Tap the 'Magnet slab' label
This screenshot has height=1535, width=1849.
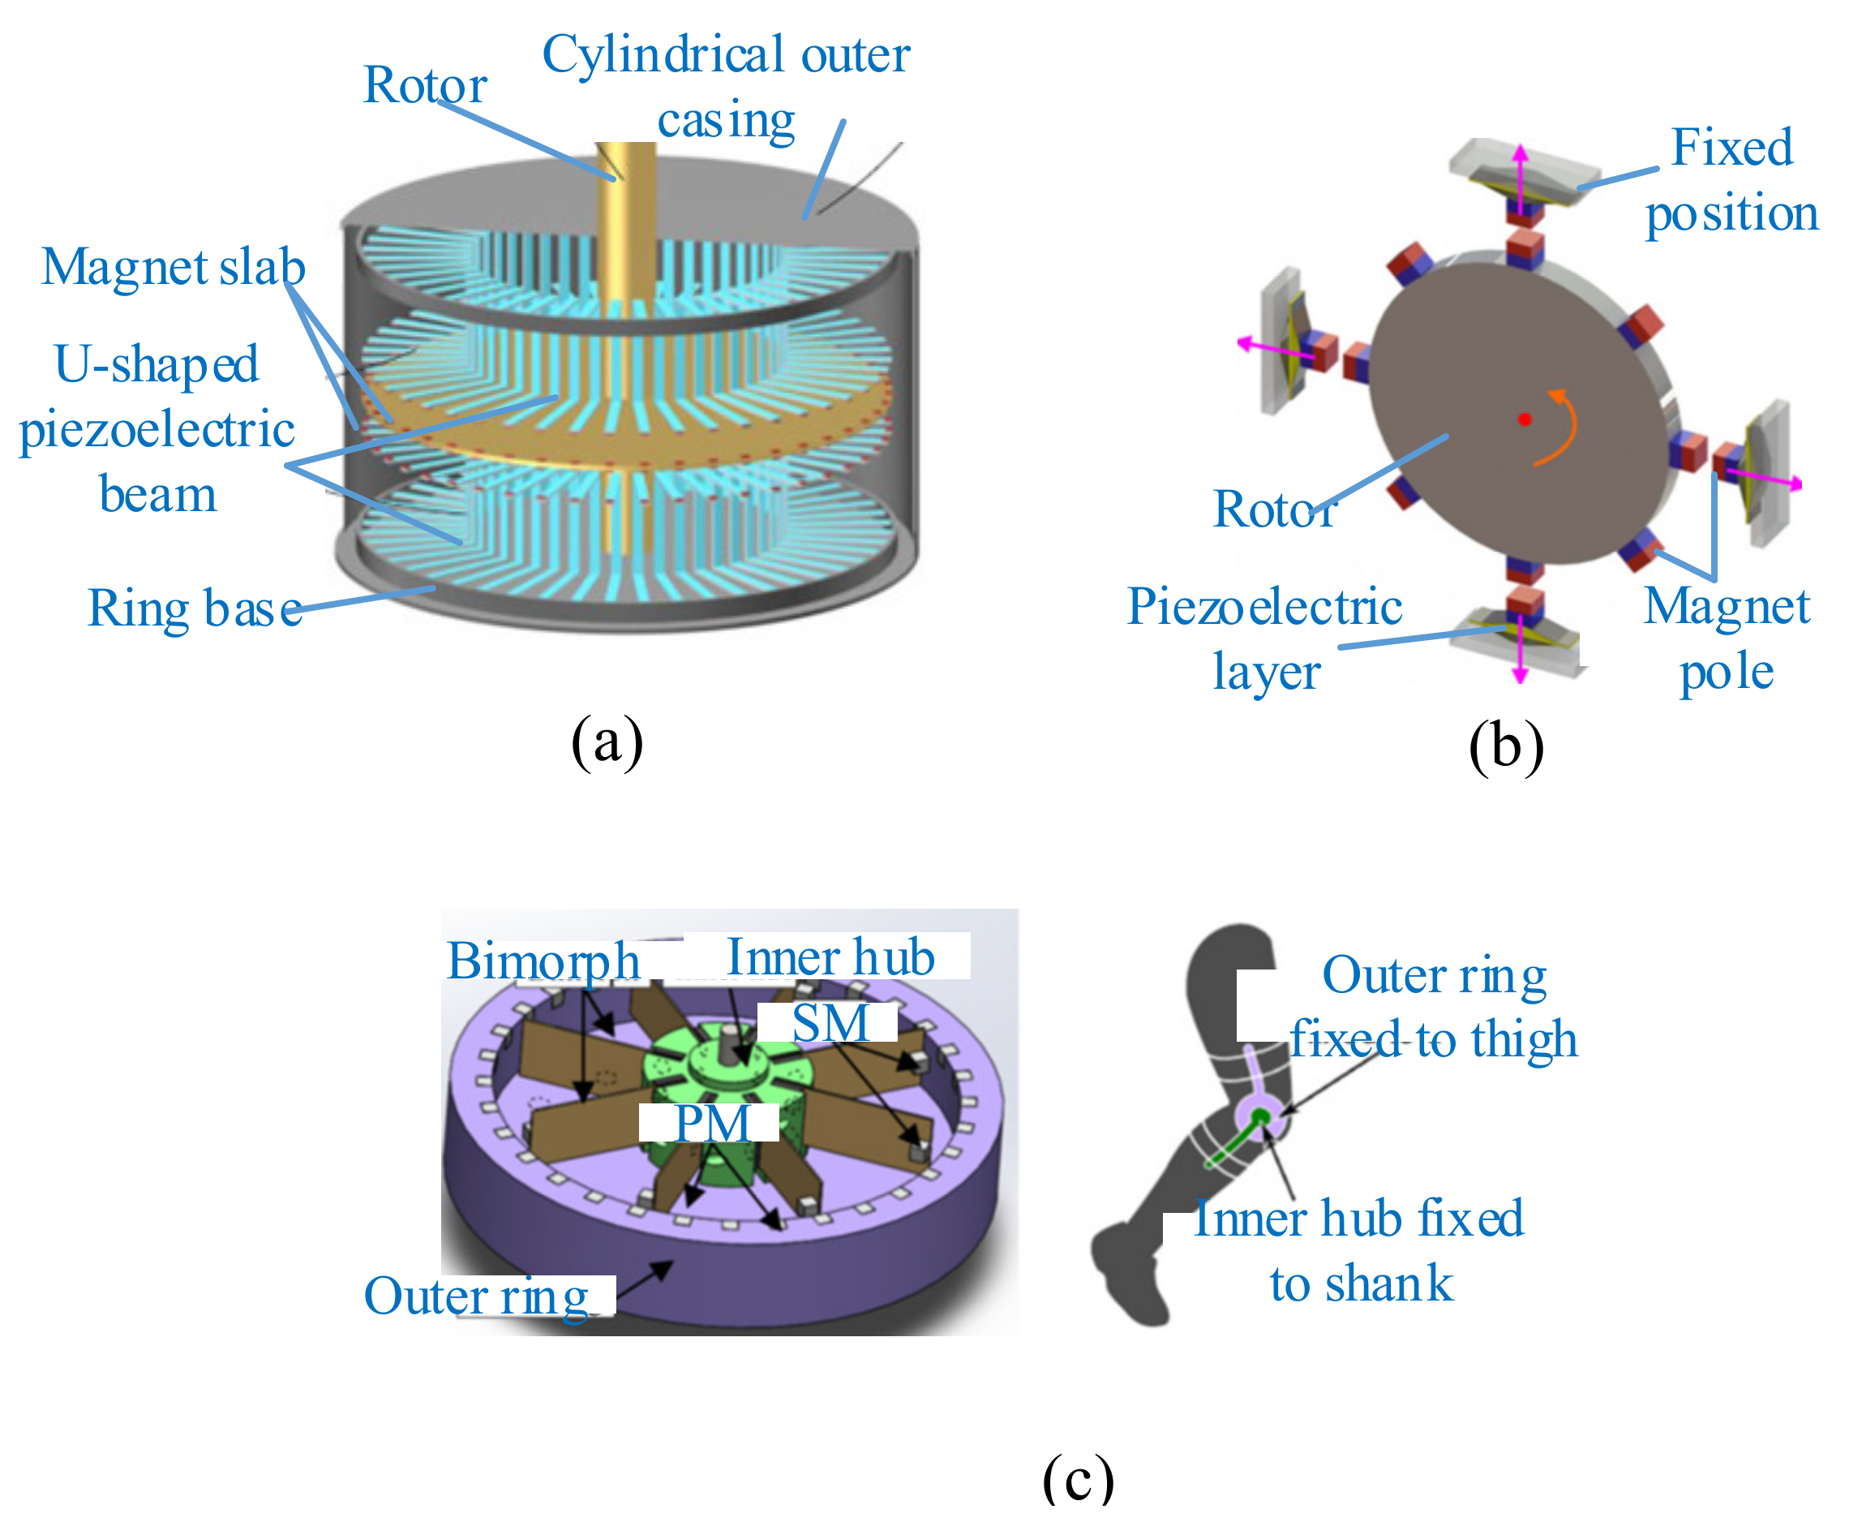coord(174,267)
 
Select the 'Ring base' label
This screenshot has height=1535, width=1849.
coord(195,608)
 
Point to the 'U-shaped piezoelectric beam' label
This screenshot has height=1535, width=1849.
coord(157,429)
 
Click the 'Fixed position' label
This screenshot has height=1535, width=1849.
coord(1731,179)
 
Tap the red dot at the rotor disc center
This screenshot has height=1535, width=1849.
coord(1525,419)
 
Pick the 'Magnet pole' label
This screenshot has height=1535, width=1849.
coord(1726,639)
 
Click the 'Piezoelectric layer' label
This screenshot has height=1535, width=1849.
coord(1264,639)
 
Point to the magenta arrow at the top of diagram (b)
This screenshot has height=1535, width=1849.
coord(1521,176)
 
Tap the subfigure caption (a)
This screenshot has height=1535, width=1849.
coord(607,741)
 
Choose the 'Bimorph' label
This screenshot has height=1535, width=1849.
coord(543,960)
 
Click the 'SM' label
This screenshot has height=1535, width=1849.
coord(830,1023)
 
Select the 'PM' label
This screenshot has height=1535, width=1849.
coord(711,1123)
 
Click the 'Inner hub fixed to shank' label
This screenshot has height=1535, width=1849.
coord(1359,1250)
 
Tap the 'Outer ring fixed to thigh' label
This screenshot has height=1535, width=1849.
coord(1434,1008)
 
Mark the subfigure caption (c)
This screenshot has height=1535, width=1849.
coord(1078,1479)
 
